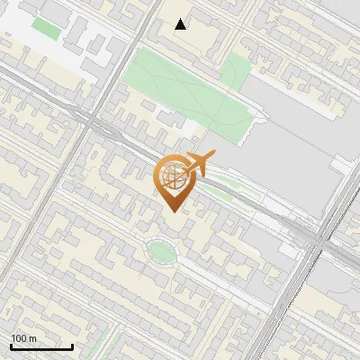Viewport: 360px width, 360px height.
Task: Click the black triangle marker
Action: coord(181,24)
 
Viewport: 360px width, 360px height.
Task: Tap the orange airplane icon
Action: coord(199,164)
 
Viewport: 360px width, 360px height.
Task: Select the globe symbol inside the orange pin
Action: coord(172,175)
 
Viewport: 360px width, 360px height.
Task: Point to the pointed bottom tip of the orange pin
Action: coord(172,211)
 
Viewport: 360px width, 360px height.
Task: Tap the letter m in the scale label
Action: coord(32,338)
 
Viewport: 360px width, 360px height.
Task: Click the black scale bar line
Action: coord(40,347)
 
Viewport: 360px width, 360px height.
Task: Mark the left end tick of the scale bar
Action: coord(11,346)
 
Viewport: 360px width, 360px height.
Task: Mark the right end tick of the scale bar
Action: coord(72,346)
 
